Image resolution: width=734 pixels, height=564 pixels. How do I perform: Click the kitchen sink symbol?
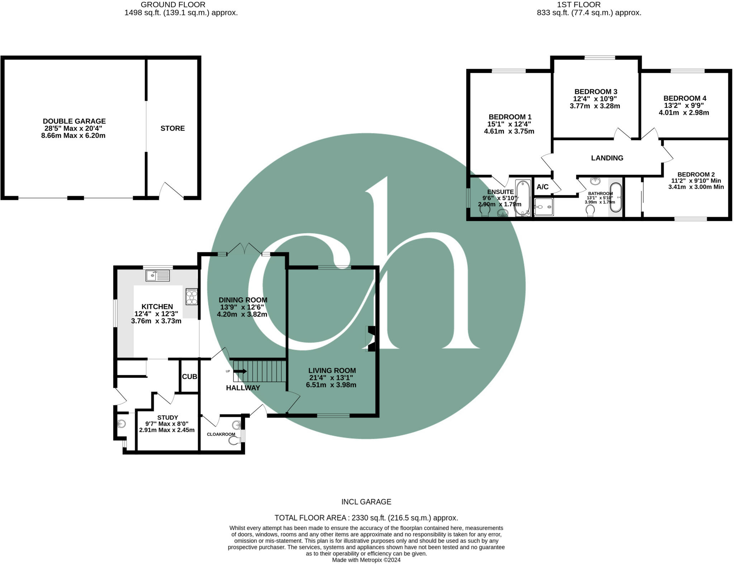(158, 276)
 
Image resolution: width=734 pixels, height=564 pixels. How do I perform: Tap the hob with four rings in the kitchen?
(191, 297)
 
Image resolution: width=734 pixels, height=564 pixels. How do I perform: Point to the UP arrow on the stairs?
(240, 371)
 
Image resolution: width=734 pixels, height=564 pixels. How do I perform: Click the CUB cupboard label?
(189, 377)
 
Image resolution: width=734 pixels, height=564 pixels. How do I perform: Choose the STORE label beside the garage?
(172, 128)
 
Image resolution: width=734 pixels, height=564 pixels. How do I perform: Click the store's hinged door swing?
(171, 191)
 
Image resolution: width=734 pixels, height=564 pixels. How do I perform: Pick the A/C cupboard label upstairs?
(542, 187)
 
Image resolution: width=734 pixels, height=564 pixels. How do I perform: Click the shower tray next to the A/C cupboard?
(544, 207)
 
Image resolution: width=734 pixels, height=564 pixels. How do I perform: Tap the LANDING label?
(607, 158)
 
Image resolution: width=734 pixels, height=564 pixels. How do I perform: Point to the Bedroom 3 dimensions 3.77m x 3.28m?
(595, 106)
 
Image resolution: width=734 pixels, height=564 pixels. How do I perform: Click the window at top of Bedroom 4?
(687, 71)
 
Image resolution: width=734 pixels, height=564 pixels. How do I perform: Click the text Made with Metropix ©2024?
(366, 560)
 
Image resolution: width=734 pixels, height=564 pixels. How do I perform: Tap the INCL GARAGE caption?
(366, 502)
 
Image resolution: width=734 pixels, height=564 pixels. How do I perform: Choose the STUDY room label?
(167, 417)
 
